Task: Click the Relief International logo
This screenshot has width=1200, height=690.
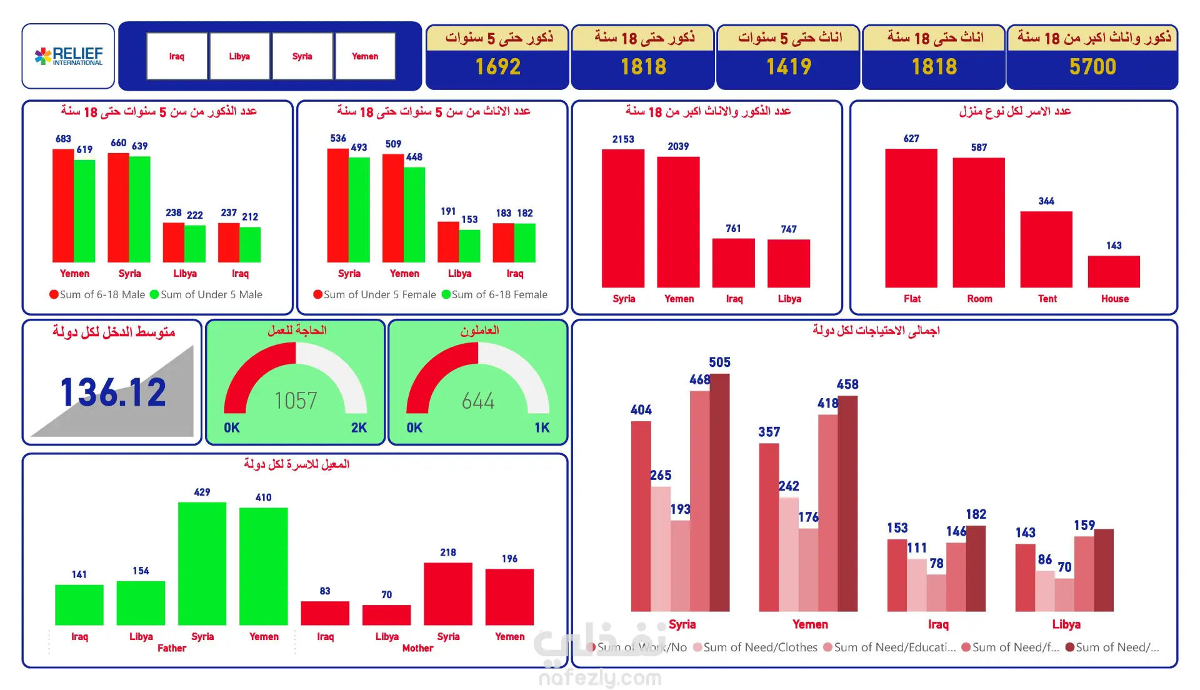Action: (68, 56)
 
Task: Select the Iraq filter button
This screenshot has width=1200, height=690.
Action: (177, 56)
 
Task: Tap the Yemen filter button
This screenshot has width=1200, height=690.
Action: (365, 56)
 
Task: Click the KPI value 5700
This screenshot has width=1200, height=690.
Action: (1092, 67)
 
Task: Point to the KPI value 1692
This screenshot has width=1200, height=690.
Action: (497, 67)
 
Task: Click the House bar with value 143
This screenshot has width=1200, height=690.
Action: (1114, 271)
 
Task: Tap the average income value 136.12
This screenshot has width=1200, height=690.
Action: (113, 392)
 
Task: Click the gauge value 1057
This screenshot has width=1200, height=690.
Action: (296, 401)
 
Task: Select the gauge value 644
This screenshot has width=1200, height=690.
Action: (478, 401)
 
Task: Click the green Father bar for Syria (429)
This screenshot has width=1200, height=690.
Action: (202, 562)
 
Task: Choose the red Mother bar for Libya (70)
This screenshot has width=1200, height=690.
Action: (386, 614)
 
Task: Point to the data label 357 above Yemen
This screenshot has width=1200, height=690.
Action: (769, 432)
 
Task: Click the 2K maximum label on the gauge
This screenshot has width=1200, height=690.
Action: (359, 427)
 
